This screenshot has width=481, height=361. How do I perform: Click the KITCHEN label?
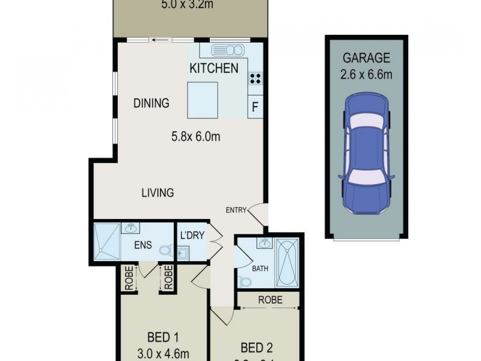[x=214, y=68]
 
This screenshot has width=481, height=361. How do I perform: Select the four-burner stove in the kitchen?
[x=255, y=78]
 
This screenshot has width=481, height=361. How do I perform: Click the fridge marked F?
[x=255, y=108]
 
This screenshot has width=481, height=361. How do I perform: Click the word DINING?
[x=151, y=103]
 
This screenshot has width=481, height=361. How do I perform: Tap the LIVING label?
[x=158, y=193]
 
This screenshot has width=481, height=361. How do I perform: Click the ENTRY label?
[x=236, y=210]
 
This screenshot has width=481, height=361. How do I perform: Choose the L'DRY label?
[x=192, y=236]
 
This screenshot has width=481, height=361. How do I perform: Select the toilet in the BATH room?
[x=245, y=281]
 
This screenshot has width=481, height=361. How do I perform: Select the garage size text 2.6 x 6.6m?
[x=366, y=75]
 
